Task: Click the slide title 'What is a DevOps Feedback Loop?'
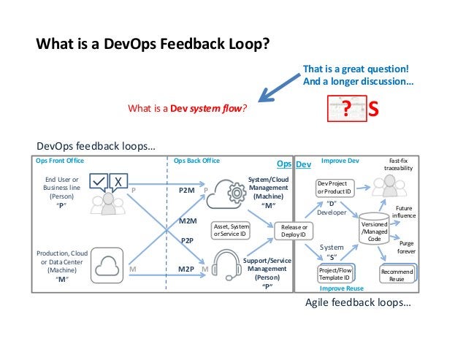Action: point(153,43)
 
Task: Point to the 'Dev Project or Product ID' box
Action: point(333,187)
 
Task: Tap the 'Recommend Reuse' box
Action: point(397,275)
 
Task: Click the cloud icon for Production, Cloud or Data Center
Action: point(106,264)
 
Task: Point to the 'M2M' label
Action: point(188,219)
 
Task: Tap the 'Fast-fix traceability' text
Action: point(398,164)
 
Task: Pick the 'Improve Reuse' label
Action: point(342,288)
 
